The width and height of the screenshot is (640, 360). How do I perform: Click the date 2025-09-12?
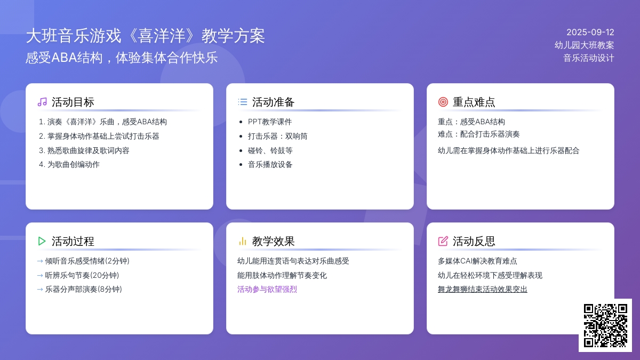[x=590, y=33]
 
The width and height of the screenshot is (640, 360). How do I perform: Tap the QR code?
[x=605, y=325]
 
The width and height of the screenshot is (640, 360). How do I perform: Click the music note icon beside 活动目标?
[x=42, y=102]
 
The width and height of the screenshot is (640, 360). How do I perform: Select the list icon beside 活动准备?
[x=243, y=102]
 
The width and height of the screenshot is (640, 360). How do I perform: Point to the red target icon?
[x=443, y=102]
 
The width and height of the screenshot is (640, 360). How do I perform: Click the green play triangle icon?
[x=42, y=241]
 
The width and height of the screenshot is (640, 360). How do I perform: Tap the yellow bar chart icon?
[x=243, y=242]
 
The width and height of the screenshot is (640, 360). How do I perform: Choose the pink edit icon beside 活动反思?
[x=443, y=241]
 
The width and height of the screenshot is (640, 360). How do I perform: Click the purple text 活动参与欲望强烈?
[x=267, y=290]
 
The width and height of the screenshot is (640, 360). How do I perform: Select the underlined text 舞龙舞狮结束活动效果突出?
[x=483, y=290]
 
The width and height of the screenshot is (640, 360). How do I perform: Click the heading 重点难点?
[x=474, y=102]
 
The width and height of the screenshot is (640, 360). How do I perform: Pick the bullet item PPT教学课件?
[x=270, y=122]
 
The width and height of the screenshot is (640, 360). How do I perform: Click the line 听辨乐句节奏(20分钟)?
[x=82, y=275]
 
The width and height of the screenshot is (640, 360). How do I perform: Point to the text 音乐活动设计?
[x=589, y=58]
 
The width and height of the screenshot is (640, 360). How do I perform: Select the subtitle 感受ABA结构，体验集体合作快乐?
[x=122, y=58]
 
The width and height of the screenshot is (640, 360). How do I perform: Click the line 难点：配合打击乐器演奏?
[x=478, y=134]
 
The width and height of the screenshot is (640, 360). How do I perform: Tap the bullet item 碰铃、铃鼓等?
[x=270, y=150]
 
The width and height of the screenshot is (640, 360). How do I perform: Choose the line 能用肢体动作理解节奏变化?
[x=282, y=275]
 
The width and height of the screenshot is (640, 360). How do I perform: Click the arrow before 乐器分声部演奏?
[x=40, y=290]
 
